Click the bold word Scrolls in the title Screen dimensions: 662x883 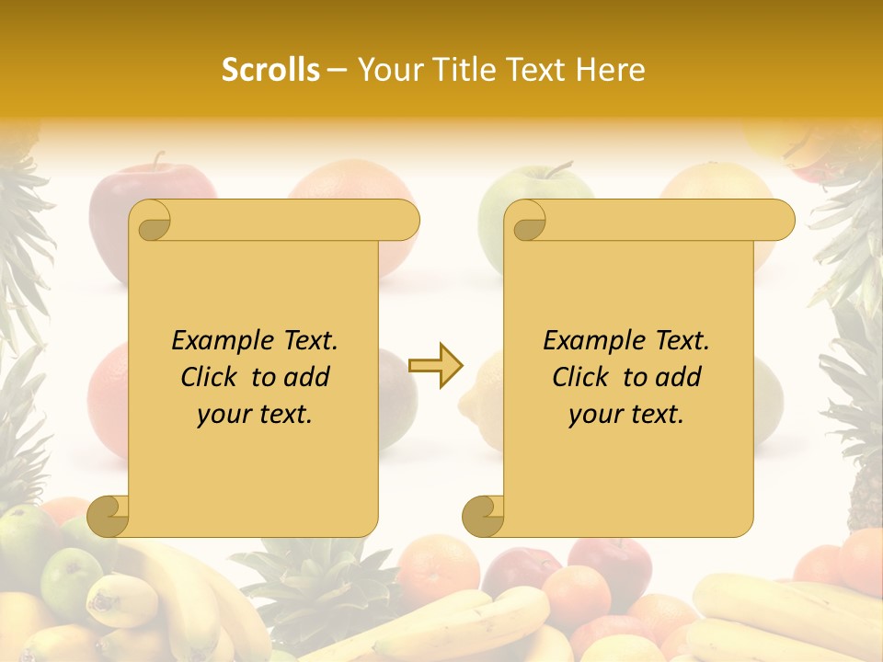tap(270, 70)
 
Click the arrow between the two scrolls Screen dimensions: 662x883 tap(436, 366)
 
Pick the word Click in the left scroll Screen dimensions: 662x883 tap(212, 377)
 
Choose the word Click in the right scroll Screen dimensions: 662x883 tap(583, 377)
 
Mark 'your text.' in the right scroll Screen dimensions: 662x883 tap(626, 415)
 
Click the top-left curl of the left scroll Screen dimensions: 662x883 tap(151, 221)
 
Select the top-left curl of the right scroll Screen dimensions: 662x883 tap(526, 221)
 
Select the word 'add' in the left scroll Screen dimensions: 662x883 tap(307, 377)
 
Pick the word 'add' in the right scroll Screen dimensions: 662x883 tap(679, 377)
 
